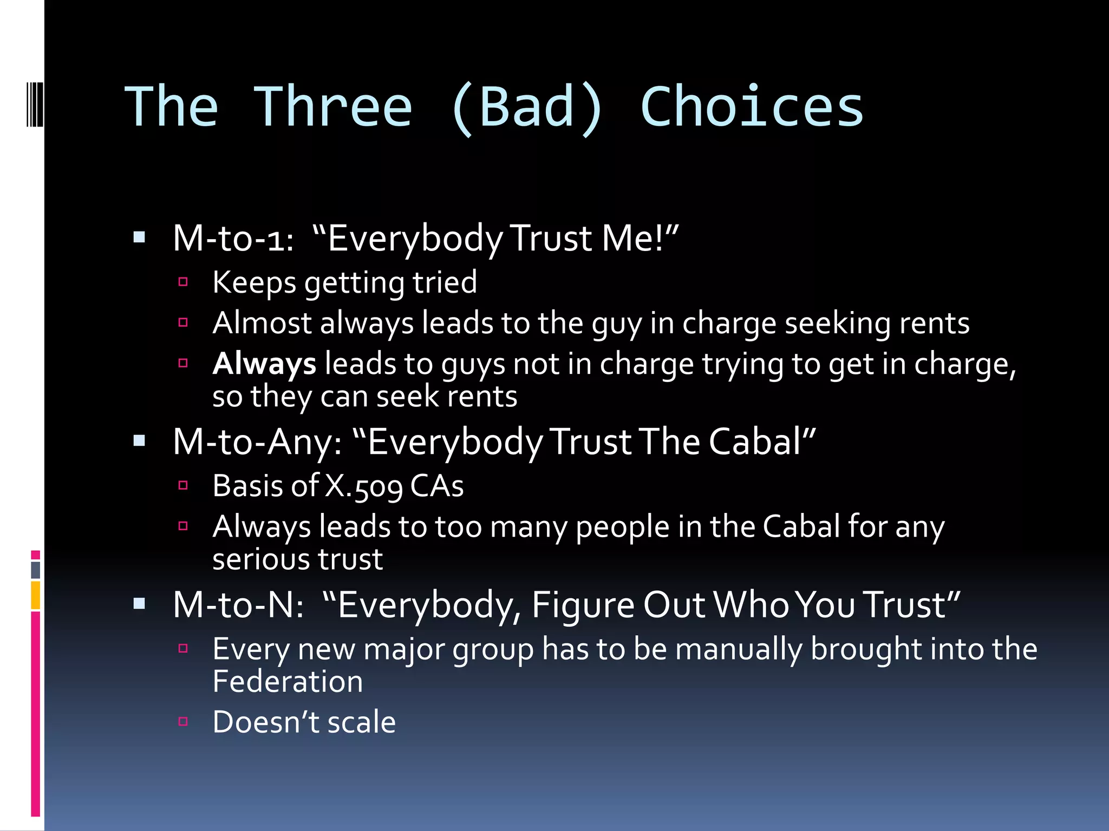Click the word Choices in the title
click(x=752, y=107)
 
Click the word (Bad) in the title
click(x=526, y=107)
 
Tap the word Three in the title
click(x=333, y=107)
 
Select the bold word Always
click(x=264, y=364)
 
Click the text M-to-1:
click(x=233, y=238)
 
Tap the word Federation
click(x=288, y=681)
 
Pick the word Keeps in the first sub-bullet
click(x=254, y=282)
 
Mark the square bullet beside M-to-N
click(x=139, y=603)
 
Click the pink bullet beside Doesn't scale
click(x=183, y=721)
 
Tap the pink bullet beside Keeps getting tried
click(x=183, y=281)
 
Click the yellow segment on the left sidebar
click(x=36, y=595)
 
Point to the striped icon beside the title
click(x=35, y=103)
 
